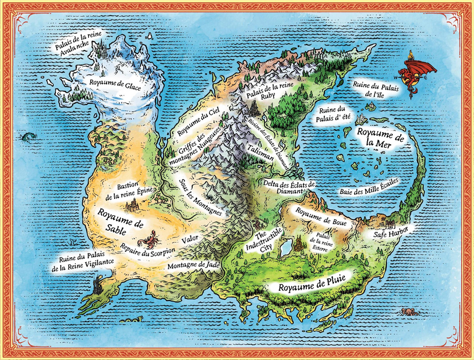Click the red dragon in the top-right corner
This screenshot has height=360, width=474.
(x=416, y=73)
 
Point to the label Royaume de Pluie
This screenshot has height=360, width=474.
(x=310, y=286)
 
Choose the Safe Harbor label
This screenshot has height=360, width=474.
(x=390, y=232)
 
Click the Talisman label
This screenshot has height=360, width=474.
(x=260, y=148)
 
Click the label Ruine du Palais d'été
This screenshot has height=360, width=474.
(x=335, y=115)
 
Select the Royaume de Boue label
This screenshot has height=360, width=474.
(x=315, y=213)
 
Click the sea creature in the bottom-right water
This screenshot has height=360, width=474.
(x=410, y=311)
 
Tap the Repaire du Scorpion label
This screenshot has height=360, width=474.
(x=147, y=251)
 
